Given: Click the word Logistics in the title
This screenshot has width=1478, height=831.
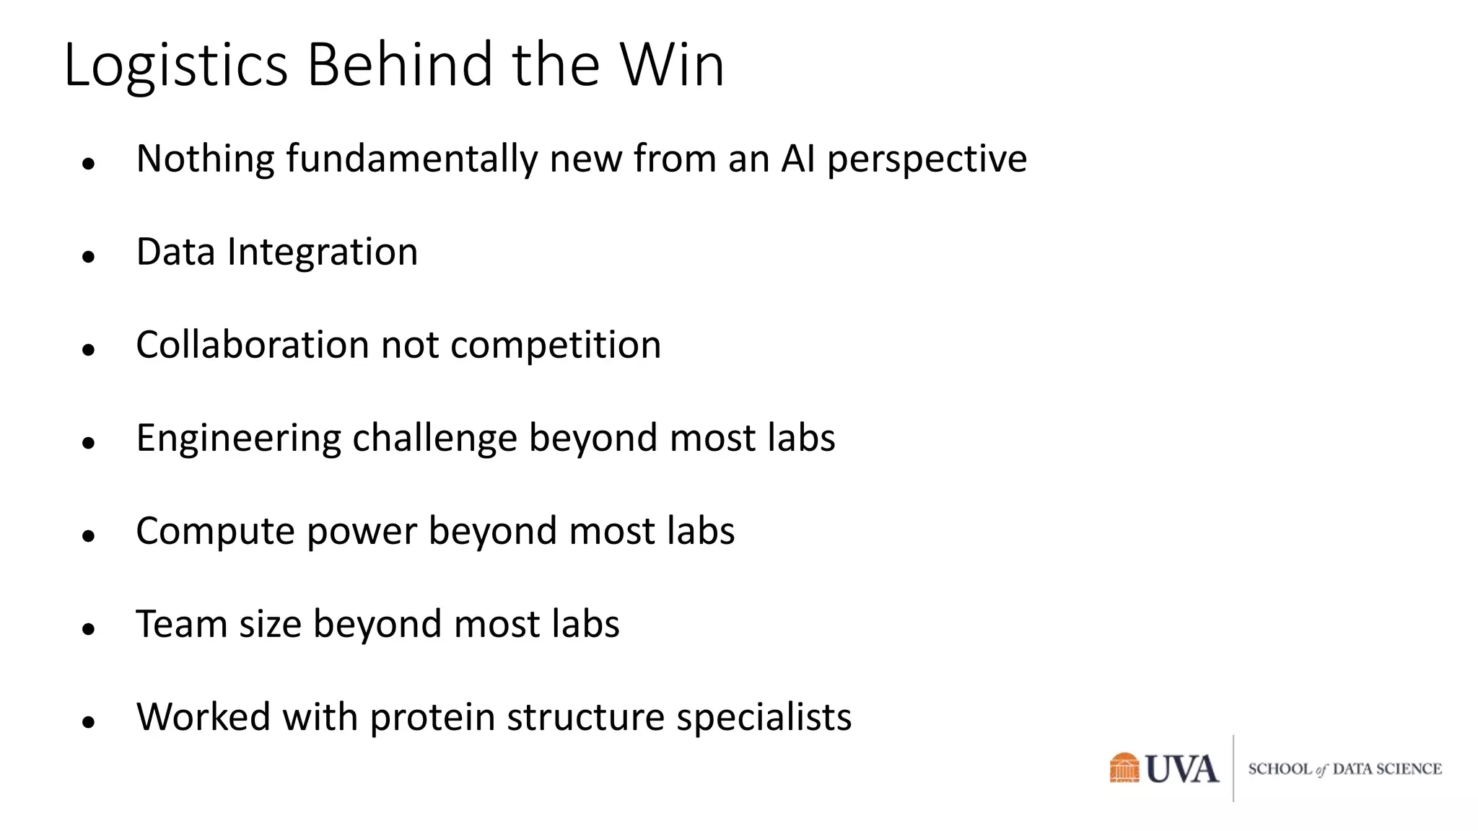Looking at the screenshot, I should (x=176, y=66).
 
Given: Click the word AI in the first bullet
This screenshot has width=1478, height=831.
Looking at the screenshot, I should (x=797, y=158).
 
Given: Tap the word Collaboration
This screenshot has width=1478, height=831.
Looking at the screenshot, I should (x=252, y=345).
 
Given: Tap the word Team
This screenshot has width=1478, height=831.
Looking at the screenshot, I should (x=181, y=624).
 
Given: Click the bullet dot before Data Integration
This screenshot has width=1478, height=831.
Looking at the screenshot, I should (x=89, y=256).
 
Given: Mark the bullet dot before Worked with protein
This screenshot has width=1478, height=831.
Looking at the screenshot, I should (x=89, y=721).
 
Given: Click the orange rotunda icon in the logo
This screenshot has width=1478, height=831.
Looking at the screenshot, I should (x=1124, y=768).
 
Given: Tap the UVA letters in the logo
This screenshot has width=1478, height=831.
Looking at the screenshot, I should (x=1182, y=769).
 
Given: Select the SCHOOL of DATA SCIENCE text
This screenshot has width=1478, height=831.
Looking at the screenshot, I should (x=1344, y=769).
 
